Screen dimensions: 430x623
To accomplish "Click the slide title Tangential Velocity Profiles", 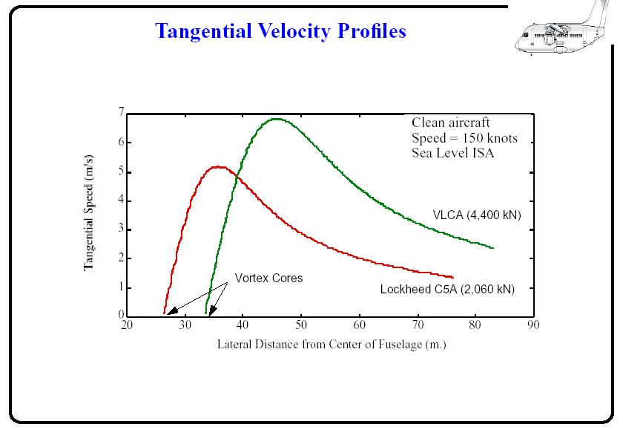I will click(280, 31).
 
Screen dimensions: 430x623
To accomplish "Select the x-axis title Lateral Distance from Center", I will click(332, 345).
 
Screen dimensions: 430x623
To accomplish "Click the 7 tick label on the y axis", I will click(120, 112).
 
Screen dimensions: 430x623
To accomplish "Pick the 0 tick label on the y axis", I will click(120, 316).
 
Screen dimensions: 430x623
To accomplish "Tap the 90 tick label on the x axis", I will click(532, 325).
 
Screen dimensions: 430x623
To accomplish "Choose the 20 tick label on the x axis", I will click(127, 325).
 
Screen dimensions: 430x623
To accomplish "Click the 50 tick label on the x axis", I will click(300, 325).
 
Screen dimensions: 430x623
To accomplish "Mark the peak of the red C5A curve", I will click(218, 166).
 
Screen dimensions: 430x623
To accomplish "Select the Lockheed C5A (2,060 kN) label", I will click(447, 290).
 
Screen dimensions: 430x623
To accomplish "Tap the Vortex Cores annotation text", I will click(268, 278).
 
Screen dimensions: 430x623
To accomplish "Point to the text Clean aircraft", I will click(450, 123).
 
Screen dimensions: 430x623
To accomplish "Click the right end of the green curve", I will click(493, 248).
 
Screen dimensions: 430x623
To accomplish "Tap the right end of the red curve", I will click(452, 277).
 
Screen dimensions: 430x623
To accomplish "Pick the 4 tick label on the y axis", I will click(120, 201).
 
